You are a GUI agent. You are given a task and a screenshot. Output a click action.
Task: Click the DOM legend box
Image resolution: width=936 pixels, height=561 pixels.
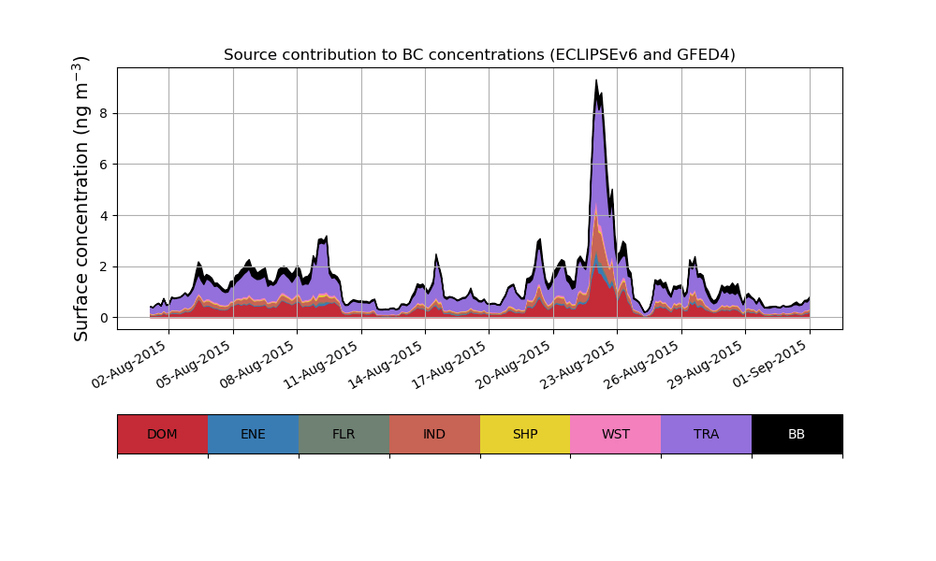point(162,434)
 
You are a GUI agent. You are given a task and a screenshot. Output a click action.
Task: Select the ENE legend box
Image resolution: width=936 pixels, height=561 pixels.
point(253,434)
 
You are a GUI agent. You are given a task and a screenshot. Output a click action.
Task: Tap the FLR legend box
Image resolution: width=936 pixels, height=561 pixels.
point(344,434)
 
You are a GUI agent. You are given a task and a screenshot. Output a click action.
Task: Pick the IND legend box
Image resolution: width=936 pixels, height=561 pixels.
point(434,434)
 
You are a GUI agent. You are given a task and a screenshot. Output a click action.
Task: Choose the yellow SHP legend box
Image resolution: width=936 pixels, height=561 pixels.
point(525,434)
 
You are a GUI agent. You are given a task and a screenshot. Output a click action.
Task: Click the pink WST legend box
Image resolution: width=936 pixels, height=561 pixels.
point(616,434)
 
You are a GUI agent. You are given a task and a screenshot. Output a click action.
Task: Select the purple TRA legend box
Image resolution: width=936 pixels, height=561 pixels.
point(707,434)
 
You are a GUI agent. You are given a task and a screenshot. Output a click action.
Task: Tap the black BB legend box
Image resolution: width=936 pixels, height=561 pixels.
point(797,434)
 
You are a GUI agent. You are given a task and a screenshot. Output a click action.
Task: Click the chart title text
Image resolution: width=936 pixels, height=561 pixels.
point(479,55)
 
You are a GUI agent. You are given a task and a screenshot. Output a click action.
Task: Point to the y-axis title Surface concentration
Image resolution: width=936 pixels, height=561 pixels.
point(81,198)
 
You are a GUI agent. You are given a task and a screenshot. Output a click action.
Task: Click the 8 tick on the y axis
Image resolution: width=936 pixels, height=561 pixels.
point(103,113)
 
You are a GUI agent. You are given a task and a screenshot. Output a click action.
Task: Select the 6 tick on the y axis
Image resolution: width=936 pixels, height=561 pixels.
point(103,165)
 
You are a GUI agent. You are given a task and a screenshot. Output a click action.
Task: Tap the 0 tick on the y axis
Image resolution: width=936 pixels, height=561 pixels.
point(103,318)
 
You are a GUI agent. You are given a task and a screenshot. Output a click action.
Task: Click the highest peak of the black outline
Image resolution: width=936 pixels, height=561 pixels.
point(596,80)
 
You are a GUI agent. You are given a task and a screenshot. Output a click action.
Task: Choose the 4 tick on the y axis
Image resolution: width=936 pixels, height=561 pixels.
point(103,216)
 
